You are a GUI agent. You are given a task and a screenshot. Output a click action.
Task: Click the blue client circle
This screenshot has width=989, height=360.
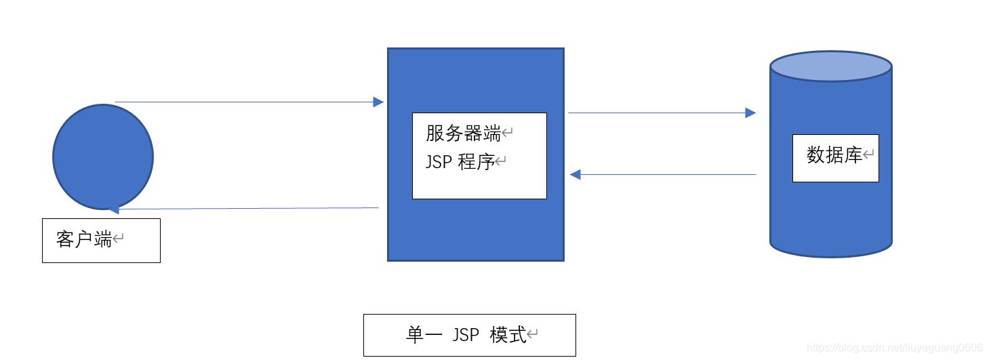click(103, 157)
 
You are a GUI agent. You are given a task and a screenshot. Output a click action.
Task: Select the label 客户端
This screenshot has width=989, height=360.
click(84, 239)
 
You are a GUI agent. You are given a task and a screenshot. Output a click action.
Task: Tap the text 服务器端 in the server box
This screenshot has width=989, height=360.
click(463, 134)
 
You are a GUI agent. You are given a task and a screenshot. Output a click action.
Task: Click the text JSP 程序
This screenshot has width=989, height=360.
click(460, 163)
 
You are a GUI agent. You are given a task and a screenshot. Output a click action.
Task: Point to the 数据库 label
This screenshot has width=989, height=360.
click(834, 155)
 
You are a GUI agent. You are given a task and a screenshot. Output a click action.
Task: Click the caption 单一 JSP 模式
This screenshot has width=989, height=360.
click(465, 335)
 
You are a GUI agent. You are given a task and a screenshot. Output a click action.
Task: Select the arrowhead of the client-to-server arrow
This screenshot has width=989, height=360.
click(378, 102)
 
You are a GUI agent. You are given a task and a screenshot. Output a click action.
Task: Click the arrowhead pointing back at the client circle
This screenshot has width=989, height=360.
click(114, 209)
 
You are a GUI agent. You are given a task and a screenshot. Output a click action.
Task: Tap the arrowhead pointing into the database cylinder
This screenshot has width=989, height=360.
click(750, 113)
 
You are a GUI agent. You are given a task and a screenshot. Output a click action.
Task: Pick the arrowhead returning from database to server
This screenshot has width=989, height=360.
click(576, 175)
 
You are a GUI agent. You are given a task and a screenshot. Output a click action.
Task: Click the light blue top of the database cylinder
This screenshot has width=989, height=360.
click(830, 66)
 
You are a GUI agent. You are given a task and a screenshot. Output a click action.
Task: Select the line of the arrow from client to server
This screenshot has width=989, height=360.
click(244, 102)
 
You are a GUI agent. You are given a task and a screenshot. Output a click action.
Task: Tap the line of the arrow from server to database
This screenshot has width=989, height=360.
click(658, 113)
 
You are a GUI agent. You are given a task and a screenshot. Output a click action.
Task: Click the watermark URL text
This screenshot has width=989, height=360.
click(895, 348)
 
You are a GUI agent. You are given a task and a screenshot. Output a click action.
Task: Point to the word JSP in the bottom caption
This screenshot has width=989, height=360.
click(466, 335)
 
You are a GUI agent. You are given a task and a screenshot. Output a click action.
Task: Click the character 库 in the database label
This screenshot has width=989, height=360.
click(853, 155)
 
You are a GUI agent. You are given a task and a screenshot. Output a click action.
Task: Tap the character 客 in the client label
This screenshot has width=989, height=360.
click(66, 239)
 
